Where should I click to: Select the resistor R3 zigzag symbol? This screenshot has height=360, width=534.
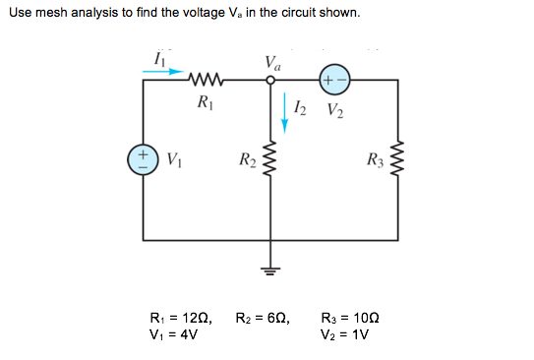click(x=398, y=160)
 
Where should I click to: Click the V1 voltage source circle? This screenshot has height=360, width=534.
click(x=144, y=159)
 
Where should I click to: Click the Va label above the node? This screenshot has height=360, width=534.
click(x=272, y=62)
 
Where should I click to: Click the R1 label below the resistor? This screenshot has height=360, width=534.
click(x=205, y=101)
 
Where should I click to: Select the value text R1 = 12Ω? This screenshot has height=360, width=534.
click(x=181, y=318)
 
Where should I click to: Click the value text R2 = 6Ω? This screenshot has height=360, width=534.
click(x=264, y=318)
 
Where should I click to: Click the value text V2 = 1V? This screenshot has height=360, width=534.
click(x=344, y=334)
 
